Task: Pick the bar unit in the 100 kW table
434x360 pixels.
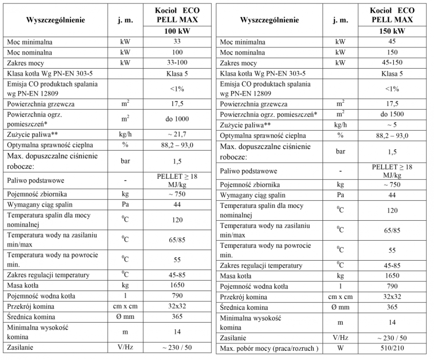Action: (x=125, y=161)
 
